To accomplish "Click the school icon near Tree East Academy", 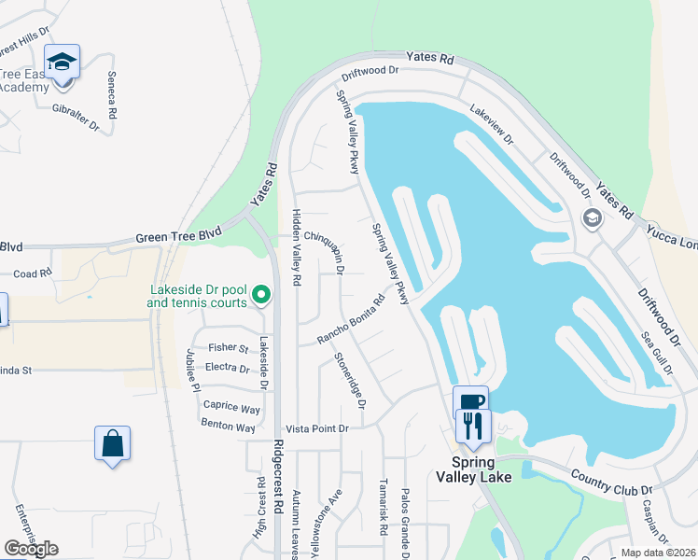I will coord(63,63).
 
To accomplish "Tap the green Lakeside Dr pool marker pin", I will coord(262,296).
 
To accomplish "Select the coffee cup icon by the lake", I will coord(471,402).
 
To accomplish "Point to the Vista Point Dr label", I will coord(316,427).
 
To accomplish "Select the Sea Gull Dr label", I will coord(655,353).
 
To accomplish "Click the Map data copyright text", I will coord(658,553).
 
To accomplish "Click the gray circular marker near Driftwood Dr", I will coord(591,218).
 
